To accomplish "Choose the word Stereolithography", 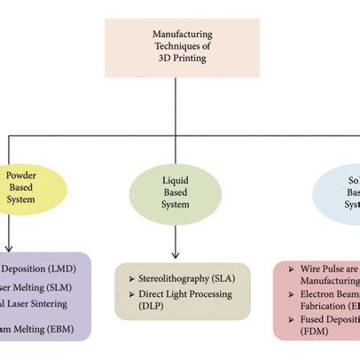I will click(x=175, y=278).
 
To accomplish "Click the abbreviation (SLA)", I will click(x=229, y=278).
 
